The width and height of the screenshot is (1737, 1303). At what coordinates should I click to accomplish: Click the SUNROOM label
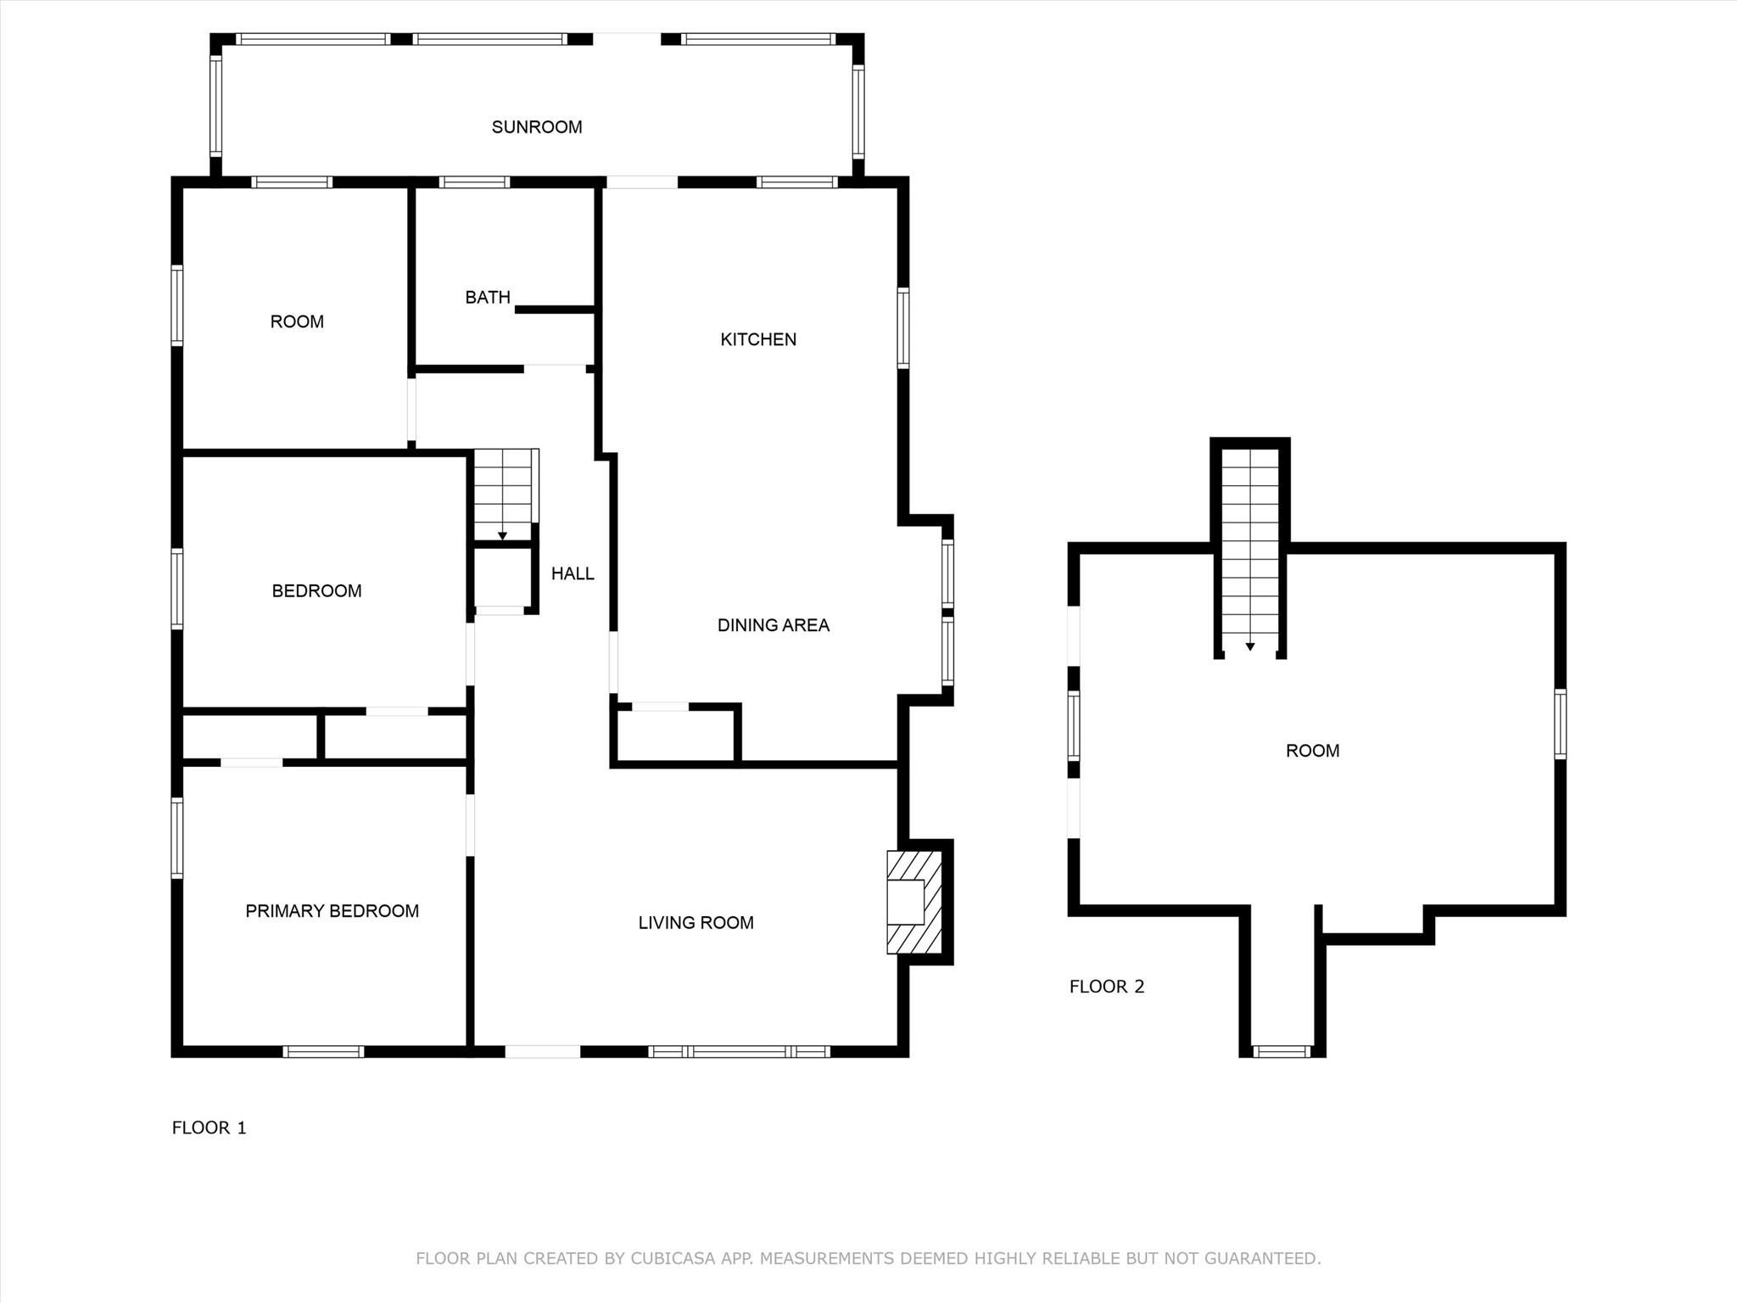(x=537, y=127)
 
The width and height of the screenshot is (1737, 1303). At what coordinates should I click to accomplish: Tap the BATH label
(x=488, y=297)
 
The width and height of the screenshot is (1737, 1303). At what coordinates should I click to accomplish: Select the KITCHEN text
(x=758, y=339)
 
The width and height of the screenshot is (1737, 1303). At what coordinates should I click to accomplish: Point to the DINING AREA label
(x=773, y=625)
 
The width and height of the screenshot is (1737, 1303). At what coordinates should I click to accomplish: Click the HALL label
(x=572, y=573)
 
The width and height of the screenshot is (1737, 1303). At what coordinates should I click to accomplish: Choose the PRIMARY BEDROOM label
(x=332, y=911)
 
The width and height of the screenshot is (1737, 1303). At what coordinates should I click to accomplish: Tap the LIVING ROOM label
(x=695, y=923)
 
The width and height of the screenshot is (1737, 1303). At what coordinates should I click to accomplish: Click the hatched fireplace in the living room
(x=914, y=902)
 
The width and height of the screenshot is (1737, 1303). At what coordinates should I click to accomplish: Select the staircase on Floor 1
(x=504, y=495)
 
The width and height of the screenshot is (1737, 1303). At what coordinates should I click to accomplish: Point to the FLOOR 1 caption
(x=209, y=1127)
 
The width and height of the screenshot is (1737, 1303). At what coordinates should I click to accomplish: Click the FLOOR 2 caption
(x=1106, y=987)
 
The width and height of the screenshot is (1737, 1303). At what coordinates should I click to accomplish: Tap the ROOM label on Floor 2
(x=1312, y=751)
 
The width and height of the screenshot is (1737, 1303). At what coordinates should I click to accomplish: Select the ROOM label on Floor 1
(x=297, y=322)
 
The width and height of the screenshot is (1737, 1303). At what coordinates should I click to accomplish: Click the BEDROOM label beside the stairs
(x=316, y=591)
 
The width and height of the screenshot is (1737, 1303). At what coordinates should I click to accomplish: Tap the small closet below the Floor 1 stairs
(x=501, y=578)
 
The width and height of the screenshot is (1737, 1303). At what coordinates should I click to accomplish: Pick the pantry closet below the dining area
(x=675, y=735)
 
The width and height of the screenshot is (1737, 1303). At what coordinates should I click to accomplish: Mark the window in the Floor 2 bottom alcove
(x=1282, y=1052)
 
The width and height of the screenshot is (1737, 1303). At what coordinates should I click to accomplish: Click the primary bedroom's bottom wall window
(x=323, y=1052)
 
